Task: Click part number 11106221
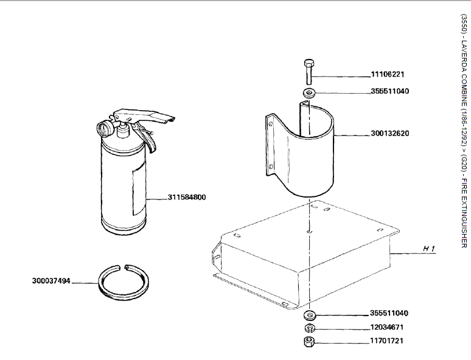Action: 388,74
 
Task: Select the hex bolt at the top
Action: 309,72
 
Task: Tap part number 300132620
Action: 389,133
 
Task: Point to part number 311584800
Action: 187,197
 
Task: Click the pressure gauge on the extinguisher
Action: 104,128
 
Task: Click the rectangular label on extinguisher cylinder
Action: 139,190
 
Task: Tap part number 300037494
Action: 51,281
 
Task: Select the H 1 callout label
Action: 429,248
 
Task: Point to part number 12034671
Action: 387,327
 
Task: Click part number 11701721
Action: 387,341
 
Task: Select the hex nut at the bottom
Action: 309,342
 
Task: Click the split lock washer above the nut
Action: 309,328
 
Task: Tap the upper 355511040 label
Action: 389,91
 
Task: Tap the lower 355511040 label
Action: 389,313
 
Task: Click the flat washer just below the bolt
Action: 309,93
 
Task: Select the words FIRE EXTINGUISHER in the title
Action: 464,213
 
